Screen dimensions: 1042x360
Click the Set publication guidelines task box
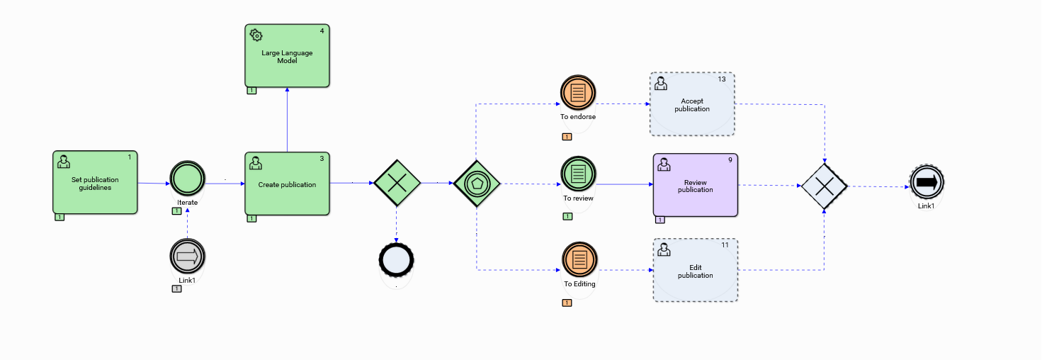click(x=95, y=182)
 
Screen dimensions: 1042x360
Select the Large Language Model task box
click(x=287, y=56)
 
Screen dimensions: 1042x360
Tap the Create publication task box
click(x=287, y=184)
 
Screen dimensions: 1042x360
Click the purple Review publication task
click(x=696, y=185)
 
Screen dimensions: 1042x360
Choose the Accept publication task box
click(x=692, y=103)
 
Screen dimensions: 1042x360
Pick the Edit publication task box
click(x=696, y=270)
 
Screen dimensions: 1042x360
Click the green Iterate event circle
click(x=188, y=179)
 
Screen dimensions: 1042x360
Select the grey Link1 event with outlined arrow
click(x=188, y=257)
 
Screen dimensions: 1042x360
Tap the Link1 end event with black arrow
click(x=927, y=182)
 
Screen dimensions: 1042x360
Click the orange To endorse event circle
click(x=578, y=93)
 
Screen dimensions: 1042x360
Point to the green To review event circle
click(x=578, y=174)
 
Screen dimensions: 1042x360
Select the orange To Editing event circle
click(x=579, y=259)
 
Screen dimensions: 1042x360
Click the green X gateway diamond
click(x=397, y=184)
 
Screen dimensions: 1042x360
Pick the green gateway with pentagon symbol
click(x=477, y=184)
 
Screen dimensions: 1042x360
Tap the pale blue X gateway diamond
click(x=825, y=186)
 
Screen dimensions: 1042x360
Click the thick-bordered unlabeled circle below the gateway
click(x=397, y=260)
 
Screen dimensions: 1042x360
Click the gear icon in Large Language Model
click(x=256, y=35)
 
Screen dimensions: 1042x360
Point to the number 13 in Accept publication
click(x=722, y=79)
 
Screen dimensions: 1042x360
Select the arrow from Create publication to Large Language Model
click(x=287, y=120)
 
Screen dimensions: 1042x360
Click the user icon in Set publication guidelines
click(x=63, y=162)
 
